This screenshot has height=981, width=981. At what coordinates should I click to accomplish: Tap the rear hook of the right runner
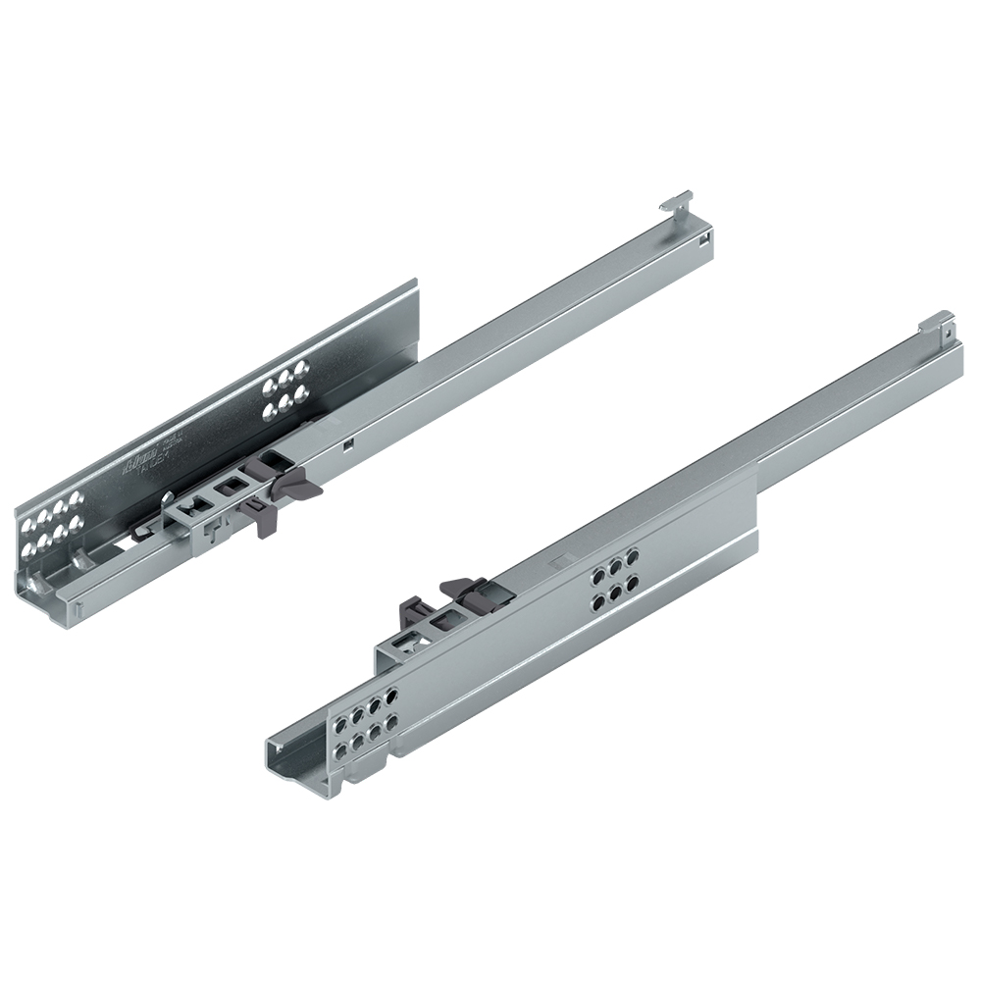[x=939, y=321]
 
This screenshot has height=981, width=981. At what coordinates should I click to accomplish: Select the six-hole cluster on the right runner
[x=610, y=580]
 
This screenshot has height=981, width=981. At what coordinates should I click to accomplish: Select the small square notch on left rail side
[x=348, y=442]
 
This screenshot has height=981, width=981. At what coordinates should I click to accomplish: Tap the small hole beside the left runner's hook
[x=703, y=236]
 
